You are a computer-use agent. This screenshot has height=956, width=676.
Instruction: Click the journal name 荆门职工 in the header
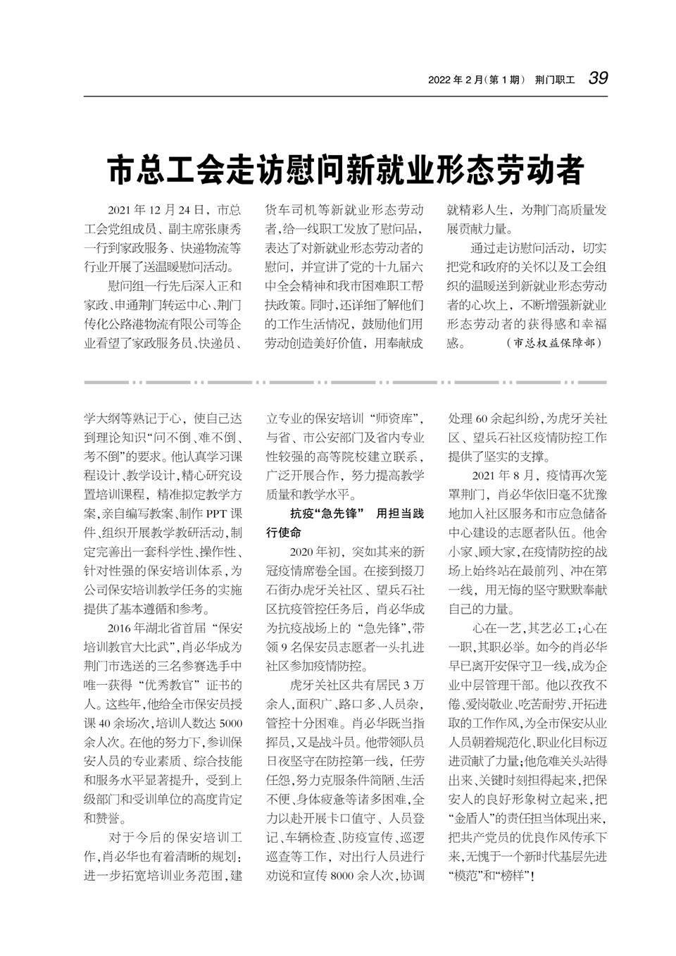[554, 80]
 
